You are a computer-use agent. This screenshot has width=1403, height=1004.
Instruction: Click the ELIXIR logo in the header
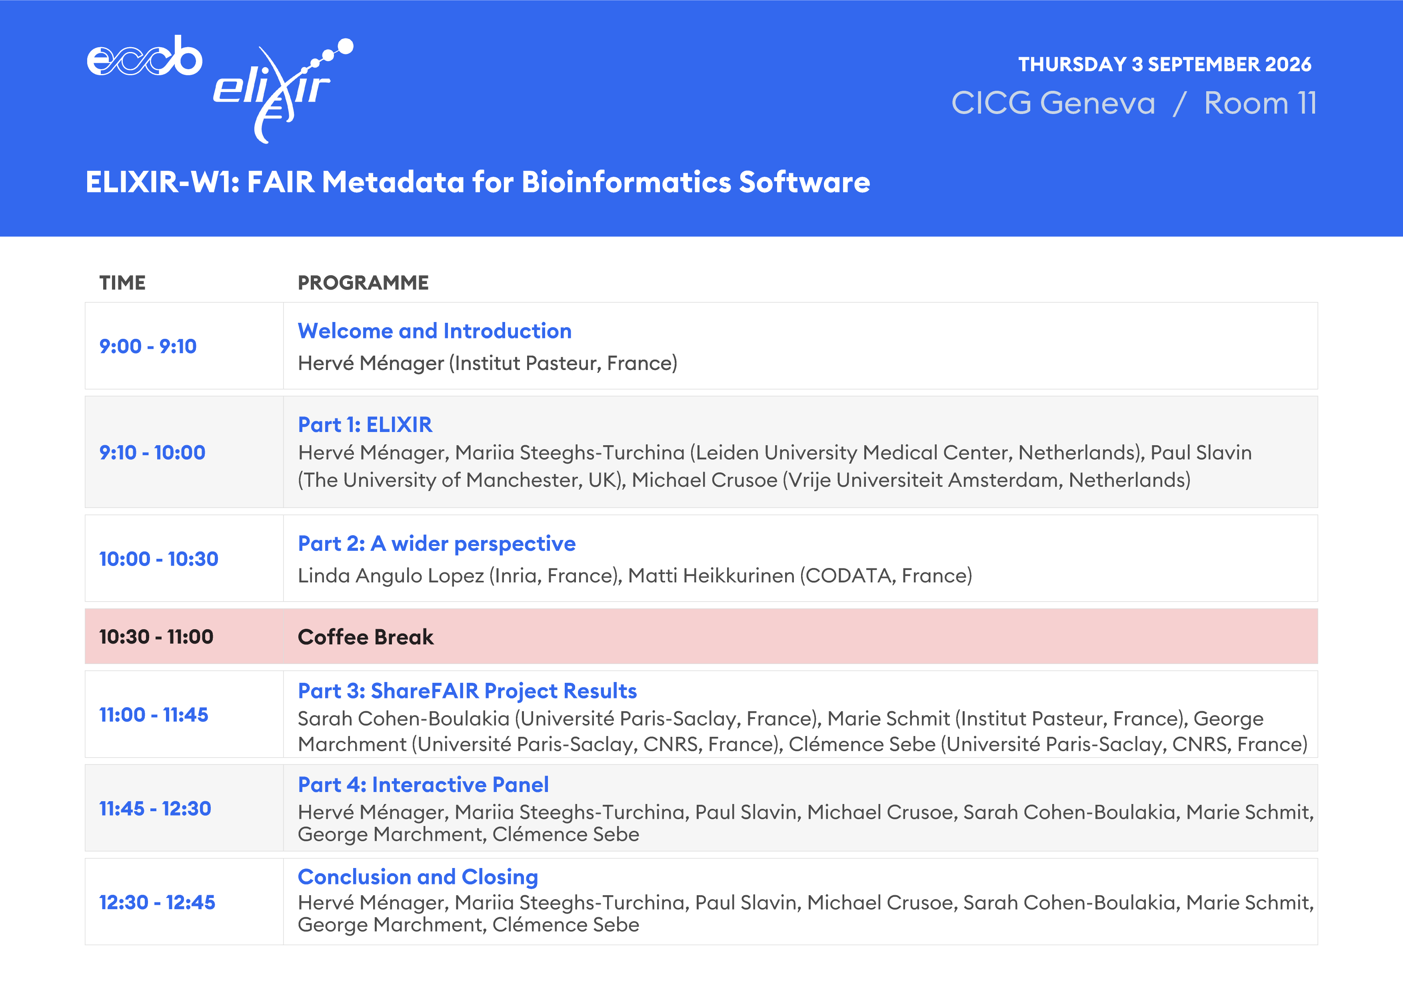[x=283, y=90]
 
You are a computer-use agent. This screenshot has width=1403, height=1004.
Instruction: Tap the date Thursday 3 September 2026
[x=1164, y=64]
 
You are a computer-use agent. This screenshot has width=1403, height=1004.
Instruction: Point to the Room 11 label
[x=1260, y=103]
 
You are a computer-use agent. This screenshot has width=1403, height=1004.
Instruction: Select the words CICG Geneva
[x=1053, y=103]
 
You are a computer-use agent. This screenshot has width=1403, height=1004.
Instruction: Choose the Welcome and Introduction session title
[x=434, y=331]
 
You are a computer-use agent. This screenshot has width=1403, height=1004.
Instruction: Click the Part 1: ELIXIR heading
[x=365, y=425]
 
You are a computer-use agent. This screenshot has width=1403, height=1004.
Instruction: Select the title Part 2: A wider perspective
[x=436, y=544]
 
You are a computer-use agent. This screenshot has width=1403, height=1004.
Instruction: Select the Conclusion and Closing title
[x=418, y=877]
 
